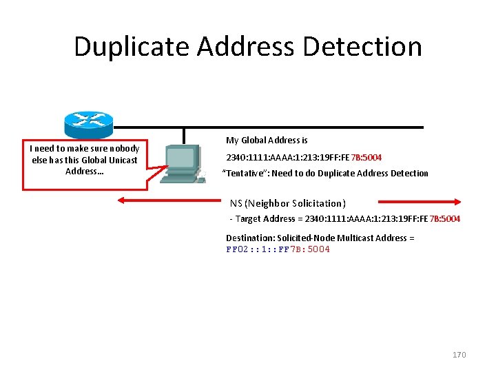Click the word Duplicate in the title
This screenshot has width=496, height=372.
[x=132, y=47]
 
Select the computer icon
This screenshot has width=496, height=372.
[x=181, y=164]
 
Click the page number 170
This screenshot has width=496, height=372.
[x=459, y=355]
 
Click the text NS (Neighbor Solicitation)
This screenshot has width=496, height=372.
[x=287, y=203]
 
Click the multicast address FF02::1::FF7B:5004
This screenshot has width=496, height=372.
[x=278, y=249]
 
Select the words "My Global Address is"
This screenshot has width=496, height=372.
[x=267, y=141]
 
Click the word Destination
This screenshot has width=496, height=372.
[x=249, y=238]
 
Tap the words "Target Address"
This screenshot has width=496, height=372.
[x=265, y=218]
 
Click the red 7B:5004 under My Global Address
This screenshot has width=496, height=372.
[x=366, y=157]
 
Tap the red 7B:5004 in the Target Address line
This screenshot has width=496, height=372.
[x=445, y=218]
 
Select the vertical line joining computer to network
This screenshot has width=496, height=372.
[x=184, y=136]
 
